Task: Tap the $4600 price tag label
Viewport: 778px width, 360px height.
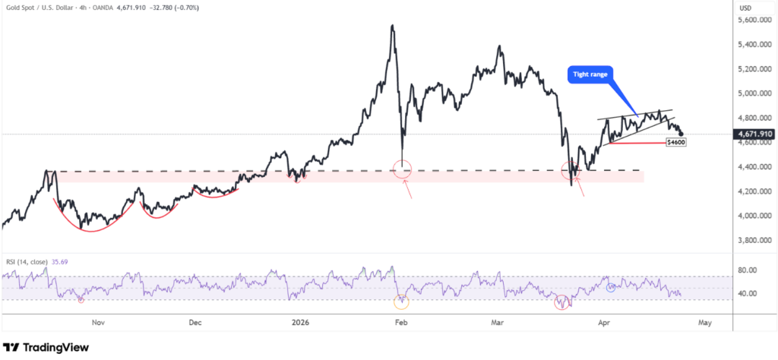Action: point(676,142)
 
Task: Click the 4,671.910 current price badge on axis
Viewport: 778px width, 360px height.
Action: point(754,134)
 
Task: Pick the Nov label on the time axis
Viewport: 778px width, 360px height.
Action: point(97,322)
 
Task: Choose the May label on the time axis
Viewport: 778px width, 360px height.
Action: point(704,322)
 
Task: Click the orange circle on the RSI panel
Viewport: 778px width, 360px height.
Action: point(401,301)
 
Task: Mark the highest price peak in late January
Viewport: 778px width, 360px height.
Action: point(391,26)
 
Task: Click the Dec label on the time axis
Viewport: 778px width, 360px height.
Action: point(194,322)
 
